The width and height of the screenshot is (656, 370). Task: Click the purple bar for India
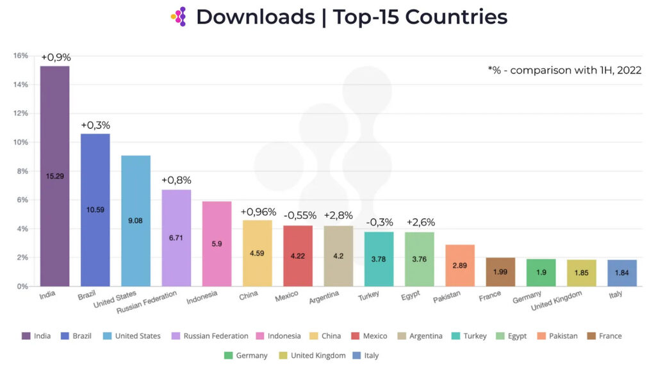[x=55, y=176]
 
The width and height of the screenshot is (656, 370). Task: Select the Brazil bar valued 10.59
[x=95, y=209]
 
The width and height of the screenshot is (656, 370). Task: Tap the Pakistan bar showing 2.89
[x=459, y=265]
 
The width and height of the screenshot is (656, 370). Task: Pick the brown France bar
[x=500, y=272]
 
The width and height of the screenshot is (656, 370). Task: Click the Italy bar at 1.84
[x=621, y=273]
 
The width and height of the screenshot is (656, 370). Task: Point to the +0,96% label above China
[x=258, y=212]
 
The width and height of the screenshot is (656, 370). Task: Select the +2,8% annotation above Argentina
[x=339, y=216]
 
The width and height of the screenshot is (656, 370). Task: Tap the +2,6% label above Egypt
[x=420, y=222]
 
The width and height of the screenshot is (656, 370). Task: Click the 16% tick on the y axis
[x=20, y=56]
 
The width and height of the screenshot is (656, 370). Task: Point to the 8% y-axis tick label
[x=22, y=171]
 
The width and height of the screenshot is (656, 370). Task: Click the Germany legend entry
[x=246, y=355]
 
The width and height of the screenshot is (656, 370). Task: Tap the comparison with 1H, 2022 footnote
[x=564, y=70]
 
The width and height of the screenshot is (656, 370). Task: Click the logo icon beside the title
[x=179, y=17]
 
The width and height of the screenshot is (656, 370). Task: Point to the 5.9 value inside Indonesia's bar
[x=217, y=243]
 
